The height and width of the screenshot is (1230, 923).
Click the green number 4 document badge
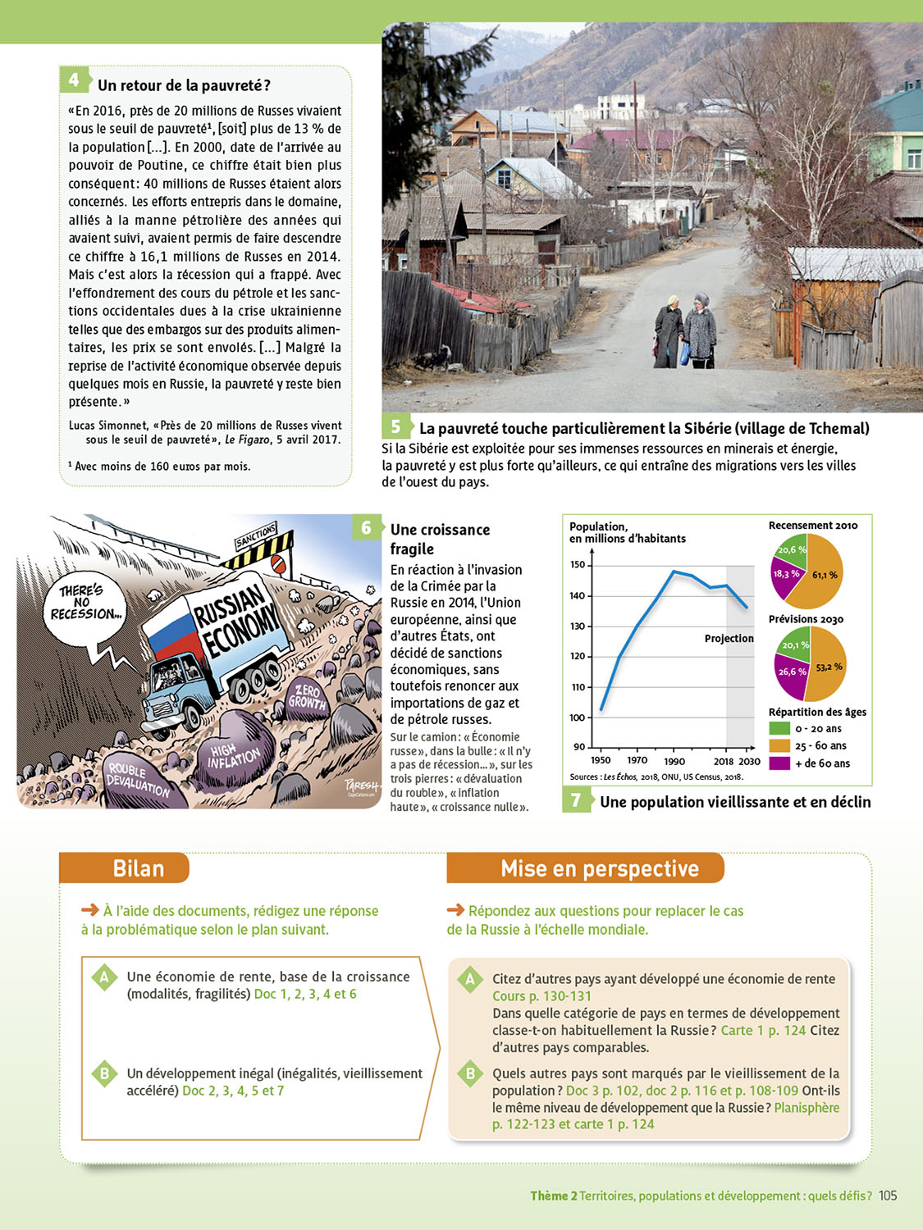(x=74, y=80)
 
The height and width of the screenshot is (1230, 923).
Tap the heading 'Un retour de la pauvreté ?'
(x=184, y=85)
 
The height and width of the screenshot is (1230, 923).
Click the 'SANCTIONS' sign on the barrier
(x=256, y=536)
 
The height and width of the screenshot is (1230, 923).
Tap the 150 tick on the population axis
(x=578, y=565)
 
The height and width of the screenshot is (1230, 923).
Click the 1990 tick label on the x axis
(x=674, y=761)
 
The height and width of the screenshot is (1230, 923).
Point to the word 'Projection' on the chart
(x=729, y=638)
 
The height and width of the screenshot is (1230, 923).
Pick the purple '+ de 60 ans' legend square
(x=779, y=763)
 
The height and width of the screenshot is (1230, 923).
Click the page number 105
(x=888, y=1196)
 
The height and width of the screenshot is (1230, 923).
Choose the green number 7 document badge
(x=576, y=799)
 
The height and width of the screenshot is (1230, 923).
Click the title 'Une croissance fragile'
(x=440, y=539)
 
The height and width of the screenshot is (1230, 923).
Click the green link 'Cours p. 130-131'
(x=541, y=995)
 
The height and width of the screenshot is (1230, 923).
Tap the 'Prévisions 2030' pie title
(x=806, y=619)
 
